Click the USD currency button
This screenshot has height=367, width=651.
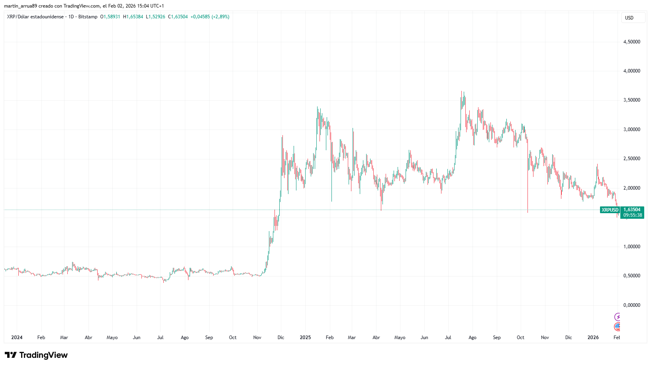click(633, 18)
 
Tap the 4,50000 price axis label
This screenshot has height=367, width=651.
click(631, 42)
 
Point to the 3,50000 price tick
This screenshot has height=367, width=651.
click(631, 100)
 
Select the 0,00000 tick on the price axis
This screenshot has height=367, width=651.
click(631, 305)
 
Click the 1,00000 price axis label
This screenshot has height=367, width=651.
click(631, 247)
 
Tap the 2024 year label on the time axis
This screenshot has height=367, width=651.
click(17, 338)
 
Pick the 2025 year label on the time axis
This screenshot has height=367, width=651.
click(305, 338)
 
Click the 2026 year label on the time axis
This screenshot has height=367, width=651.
click(593, 338)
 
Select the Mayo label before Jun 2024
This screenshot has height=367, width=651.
click(112, 338)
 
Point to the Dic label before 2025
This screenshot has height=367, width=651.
click(281, 338)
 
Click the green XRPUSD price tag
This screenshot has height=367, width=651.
click(610, 210)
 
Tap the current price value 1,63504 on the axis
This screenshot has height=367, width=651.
click(632, 210)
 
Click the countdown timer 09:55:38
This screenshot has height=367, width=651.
click(632, 215)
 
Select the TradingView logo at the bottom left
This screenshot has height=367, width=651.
click(36, 355)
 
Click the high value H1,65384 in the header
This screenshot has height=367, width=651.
click(133, 17)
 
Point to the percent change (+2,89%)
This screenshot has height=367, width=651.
click(220, 17)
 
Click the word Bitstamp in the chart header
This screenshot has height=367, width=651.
click(88, 17)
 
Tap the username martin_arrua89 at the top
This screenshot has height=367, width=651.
click(20, 6)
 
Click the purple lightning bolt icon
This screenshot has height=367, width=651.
click(617, 317)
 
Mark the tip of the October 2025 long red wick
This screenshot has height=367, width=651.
click(528, 212)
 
